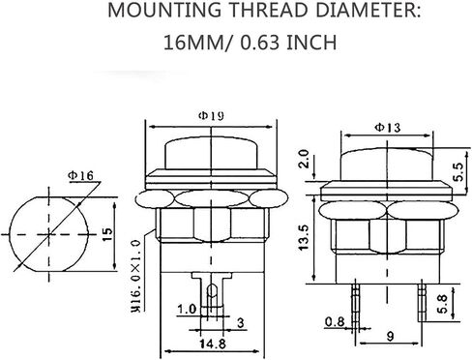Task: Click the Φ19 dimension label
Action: click(211, 116)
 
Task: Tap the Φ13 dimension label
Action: click(387, 128)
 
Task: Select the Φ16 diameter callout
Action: click(80, 175)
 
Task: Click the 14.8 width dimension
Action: click(212, 344)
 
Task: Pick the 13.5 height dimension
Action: click(304, 238)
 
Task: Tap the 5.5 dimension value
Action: click(459, 171)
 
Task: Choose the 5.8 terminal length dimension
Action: click(443, 304)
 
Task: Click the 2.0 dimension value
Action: click(304, 159)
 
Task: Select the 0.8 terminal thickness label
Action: click(335, 321)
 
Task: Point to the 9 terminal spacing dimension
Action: click(390, 337)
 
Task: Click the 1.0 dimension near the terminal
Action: click(187, 310)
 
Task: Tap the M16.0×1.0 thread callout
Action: click(136, 276)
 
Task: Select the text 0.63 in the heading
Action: click(259, 43)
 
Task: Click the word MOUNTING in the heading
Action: click(164, 10)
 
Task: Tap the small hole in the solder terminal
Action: click(212, 291)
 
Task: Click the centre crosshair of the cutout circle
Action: click(49, 234)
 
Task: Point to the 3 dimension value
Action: click(241, 323)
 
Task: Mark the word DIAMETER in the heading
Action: click(368, 10)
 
